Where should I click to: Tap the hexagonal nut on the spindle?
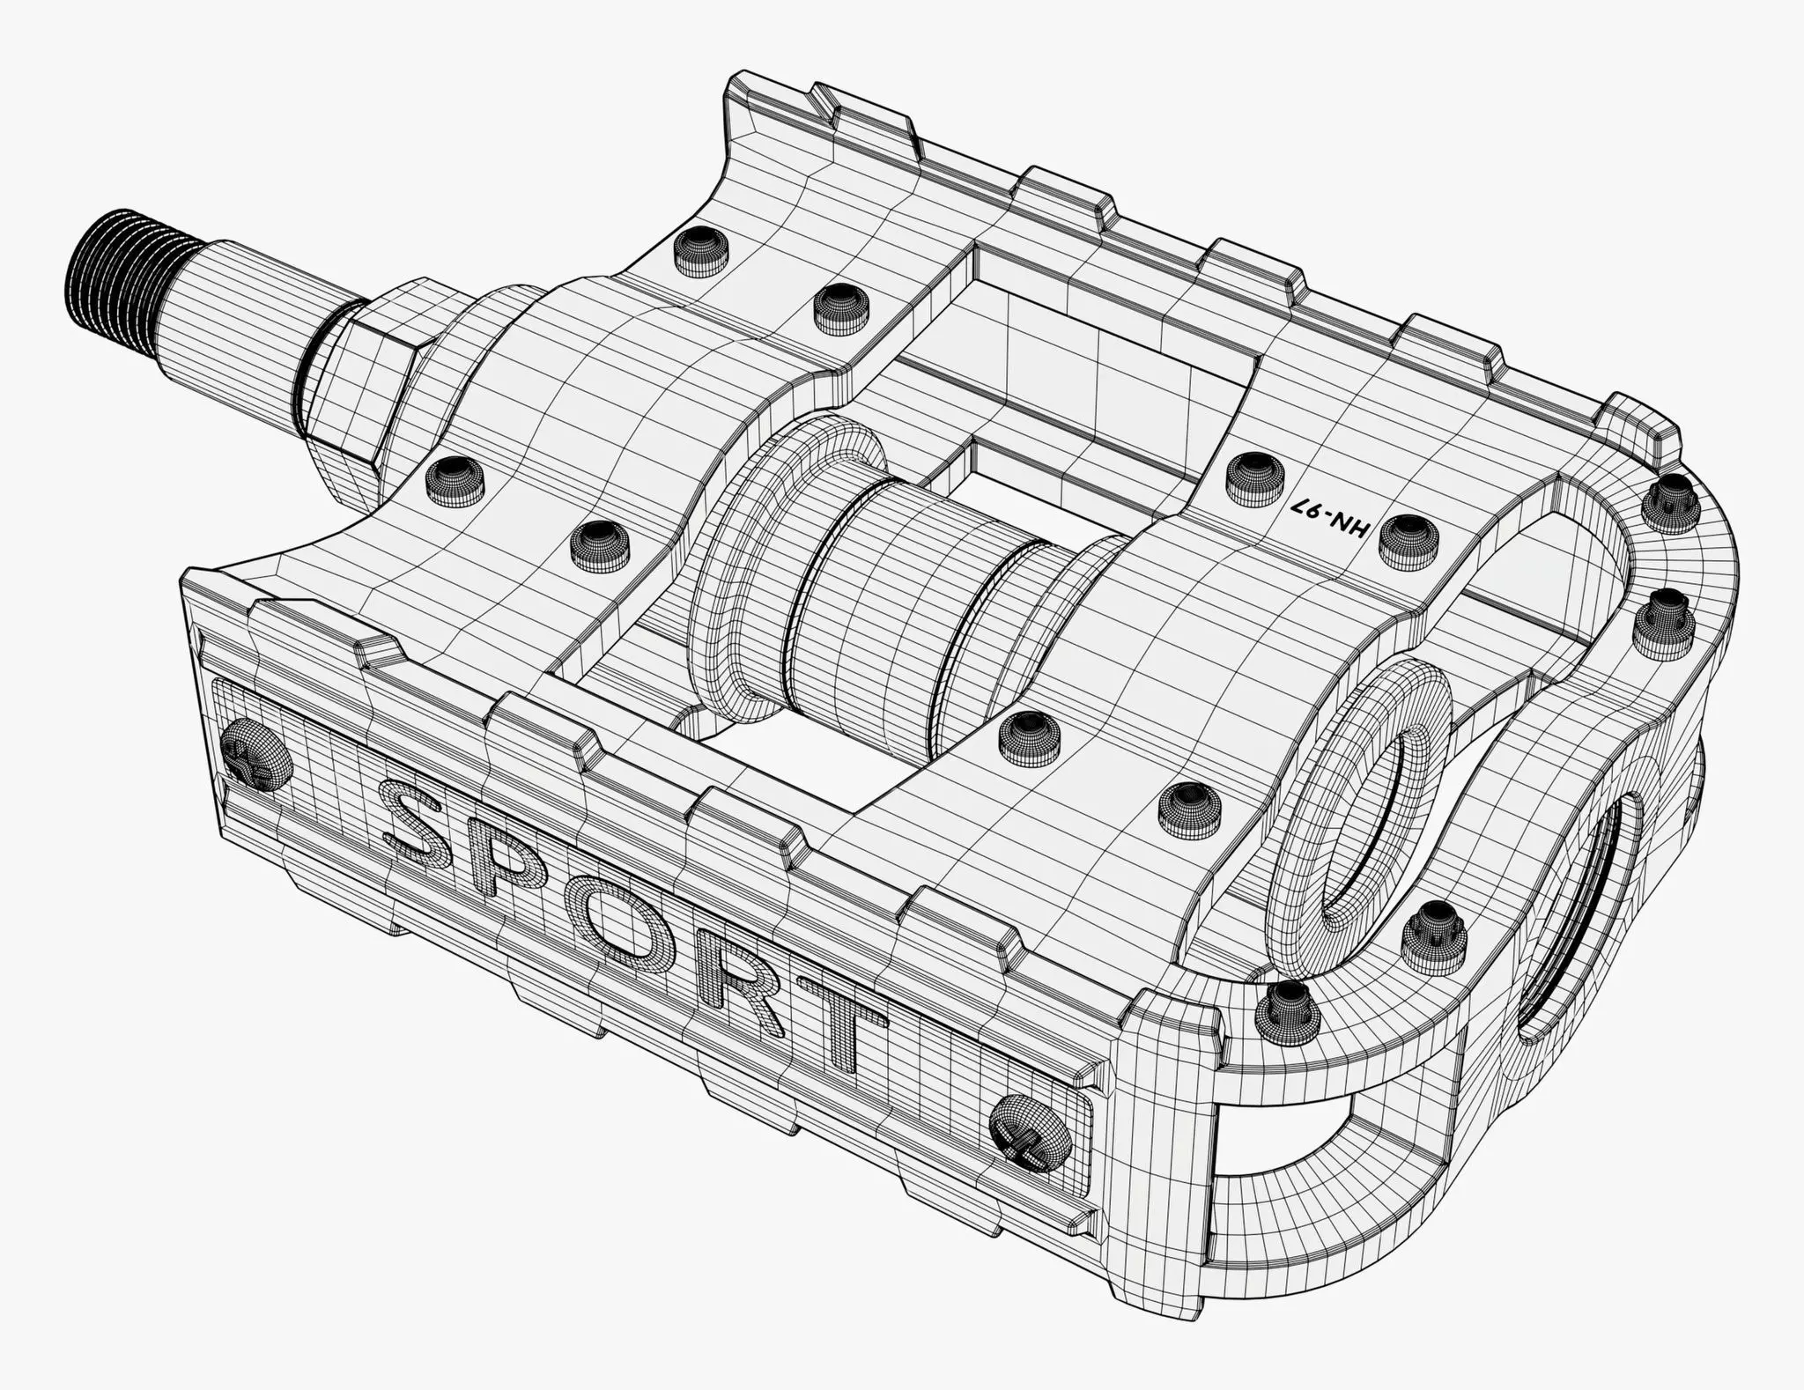(361, 379)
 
